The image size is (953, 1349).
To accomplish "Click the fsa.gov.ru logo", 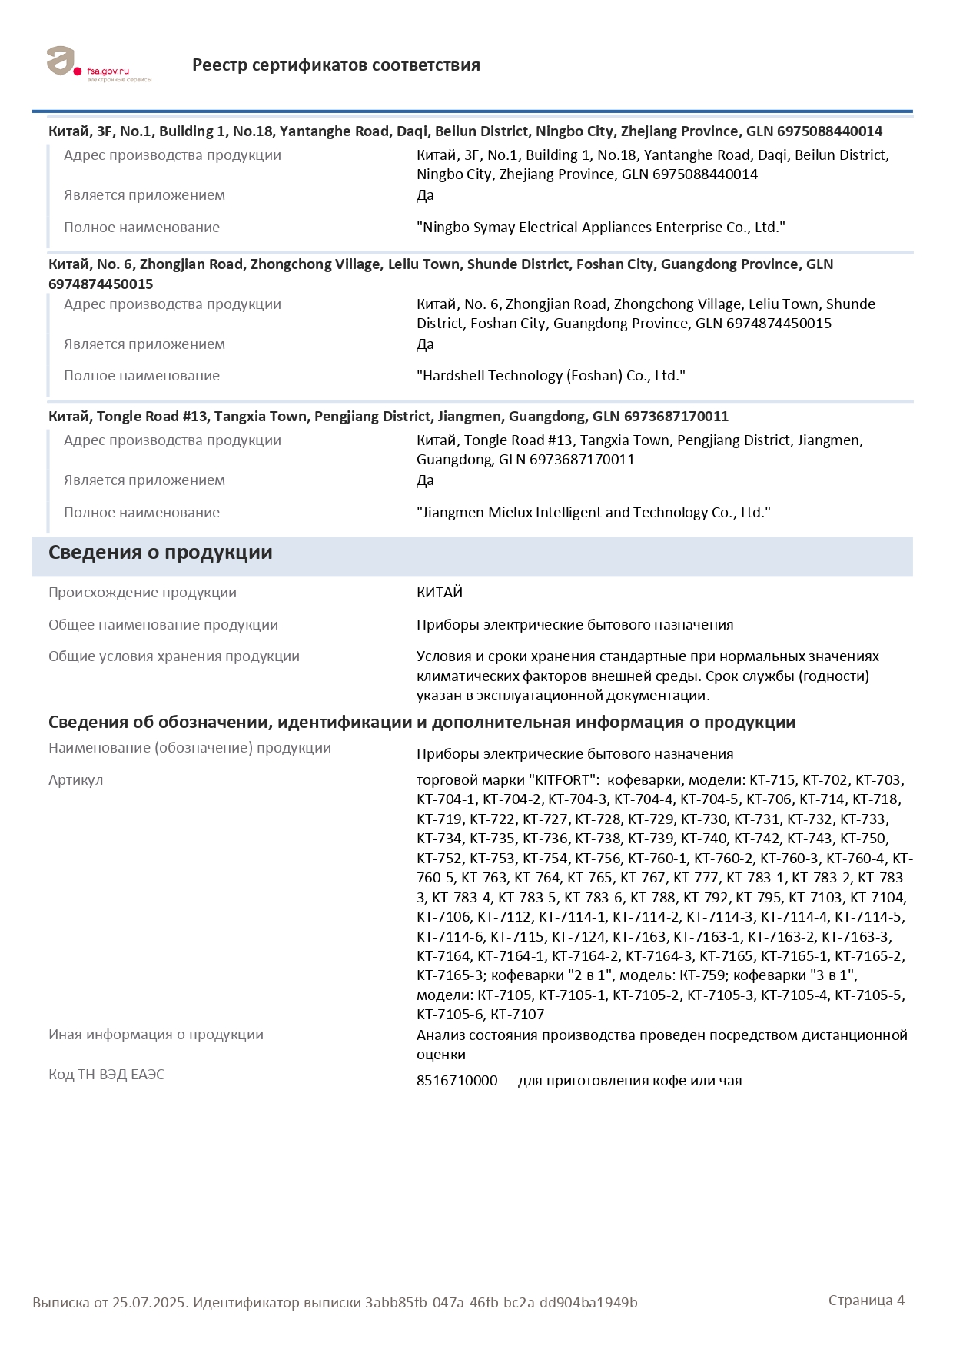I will (x=98, y=65).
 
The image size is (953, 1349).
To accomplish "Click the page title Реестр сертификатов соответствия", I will (x=336, y=65).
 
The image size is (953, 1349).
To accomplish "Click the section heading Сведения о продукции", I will (x=160, y=553).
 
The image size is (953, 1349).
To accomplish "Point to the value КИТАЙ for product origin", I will (x=440, y=593).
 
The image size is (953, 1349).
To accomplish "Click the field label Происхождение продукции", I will (x=142, y=593).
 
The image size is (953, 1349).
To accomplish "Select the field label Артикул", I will (x=75, y=780).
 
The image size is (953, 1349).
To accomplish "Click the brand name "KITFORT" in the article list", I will (x=563, y=780).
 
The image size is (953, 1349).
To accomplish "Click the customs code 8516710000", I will (x=457, y=1081).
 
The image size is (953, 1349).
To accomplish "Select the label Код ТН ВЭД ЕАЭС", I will (x=106, y=1075).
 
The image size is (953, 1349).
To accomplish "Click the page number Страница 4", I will (x=866, y=1301).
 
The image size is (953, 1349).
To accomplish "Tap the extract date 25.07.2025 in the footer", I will (x=149, y=1303).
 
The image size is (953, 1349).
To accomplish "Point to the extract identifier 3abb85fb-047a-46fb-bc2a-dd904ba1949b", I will (x=501, y=1303).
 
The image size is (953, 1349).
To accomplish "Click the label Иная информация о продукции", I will (x=155, y=1035).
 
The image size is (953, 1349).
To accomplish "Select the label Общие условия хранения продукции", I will (x=174, y=656).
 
